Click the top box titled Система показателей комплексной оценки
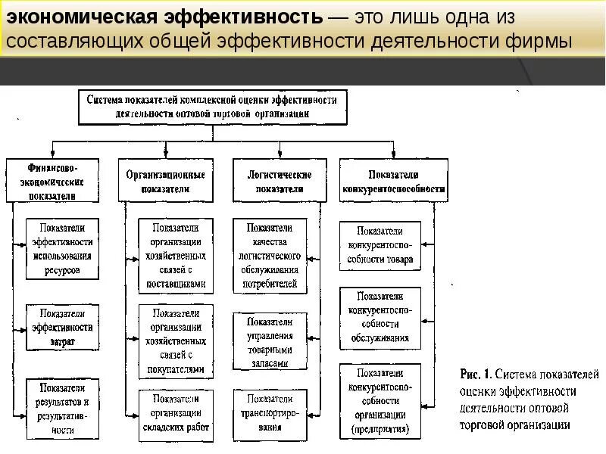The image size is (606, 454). tap(213, 107)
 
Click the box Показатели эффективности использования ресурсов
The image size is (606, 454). tap(62, 248)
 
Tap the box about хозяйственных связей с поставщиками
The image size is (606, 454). tap(175, 256)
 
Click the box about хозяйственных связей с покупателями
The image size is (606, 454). tap(175, 341)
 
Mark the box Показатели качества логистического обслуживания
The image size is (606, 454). tap(270, 256)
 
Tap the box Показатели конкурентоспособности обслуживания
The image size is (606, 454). tap(380, 318)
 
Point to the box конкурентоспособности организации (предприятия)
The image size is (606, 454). tap(380, 401)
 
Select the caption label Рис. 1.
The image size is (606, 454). tap(477, 374)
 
